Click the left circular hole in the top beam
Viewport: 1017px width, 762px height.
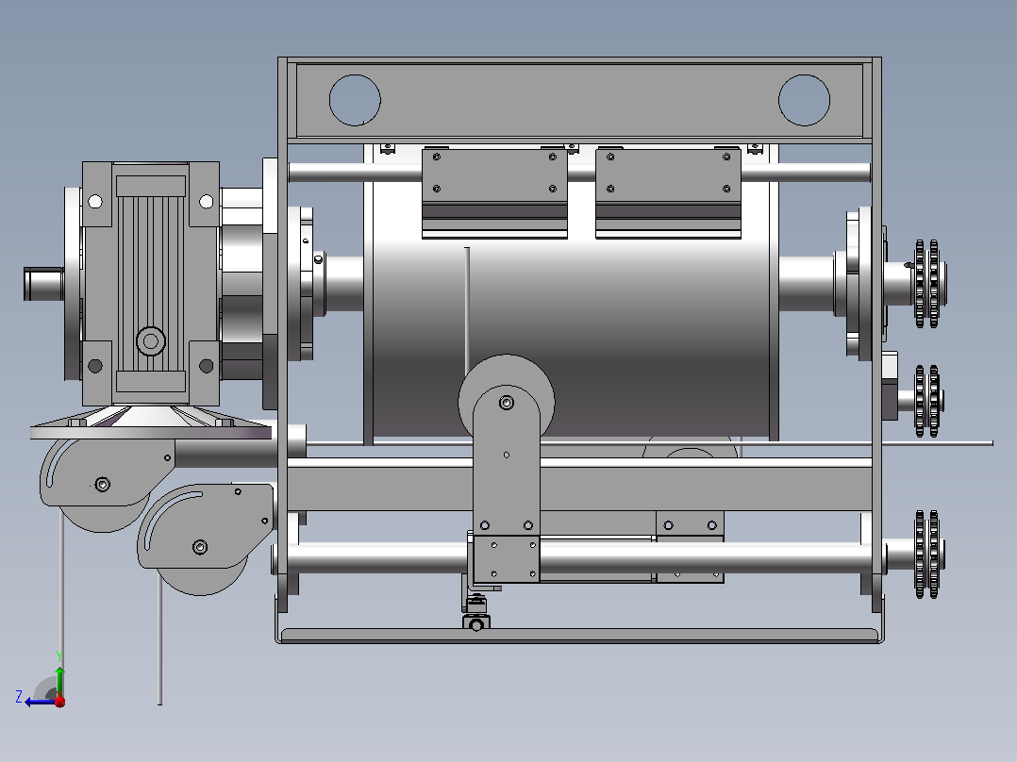[x=355, y=100]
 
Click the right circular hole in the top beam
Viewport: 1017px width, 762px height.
[x=804, y=100]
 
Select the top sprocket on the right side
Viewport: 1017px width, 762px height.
[x=927, y=284]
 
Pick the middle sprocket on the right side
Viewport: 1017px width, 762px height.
[x=927, y=401]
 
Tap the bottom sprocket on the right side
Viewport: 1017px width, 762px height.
[x=927, y=555]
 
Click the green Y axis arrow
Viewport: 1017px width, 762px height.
[x=59, y=682]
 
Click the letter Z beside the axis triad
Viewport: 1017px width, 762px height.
[x=19, y=697]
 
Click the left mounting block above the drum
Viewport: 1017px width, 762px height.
[x=495, y=193]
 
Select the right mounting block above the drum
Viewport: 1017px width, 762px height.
[x=668, y=193]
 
